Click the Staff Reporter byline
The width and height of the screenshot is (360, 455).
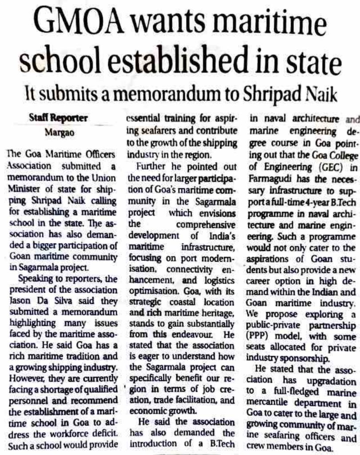(58, 119)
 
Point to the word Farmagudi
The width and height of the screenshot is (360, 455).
(271, 190)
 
